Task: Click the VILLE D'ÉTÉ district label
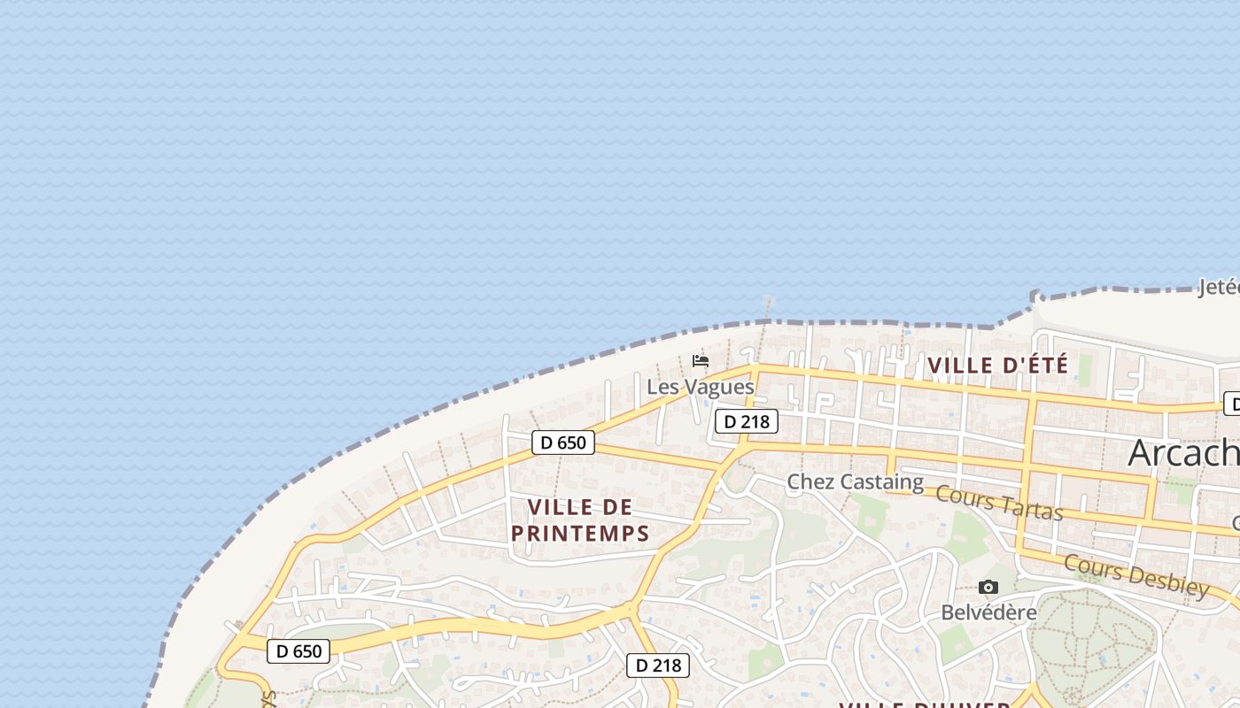997,365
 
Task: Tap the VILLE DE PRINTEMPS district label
580,519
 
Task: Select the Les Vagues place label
700,387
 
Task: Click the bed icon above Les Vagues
701,361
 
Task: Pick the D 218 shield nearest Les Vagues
746,421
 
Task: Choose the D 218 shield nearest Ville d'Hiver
657,666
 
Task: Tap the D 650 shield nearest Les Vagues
563,442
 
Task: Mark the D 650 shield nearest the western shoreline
298,651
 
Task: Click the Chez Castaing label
855,482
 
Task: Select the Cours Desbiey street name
1136,575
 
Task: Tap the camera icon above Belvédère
988,588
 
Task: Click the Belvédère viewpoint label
988,612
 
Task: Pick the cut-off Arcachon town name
1183,453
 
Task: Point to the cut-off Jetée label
1219,287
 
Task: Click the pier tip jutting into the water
768,303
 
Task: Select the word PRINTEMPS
580,534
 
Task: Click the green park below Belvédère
1094,637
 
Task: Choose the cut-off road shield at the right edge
1232,404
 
